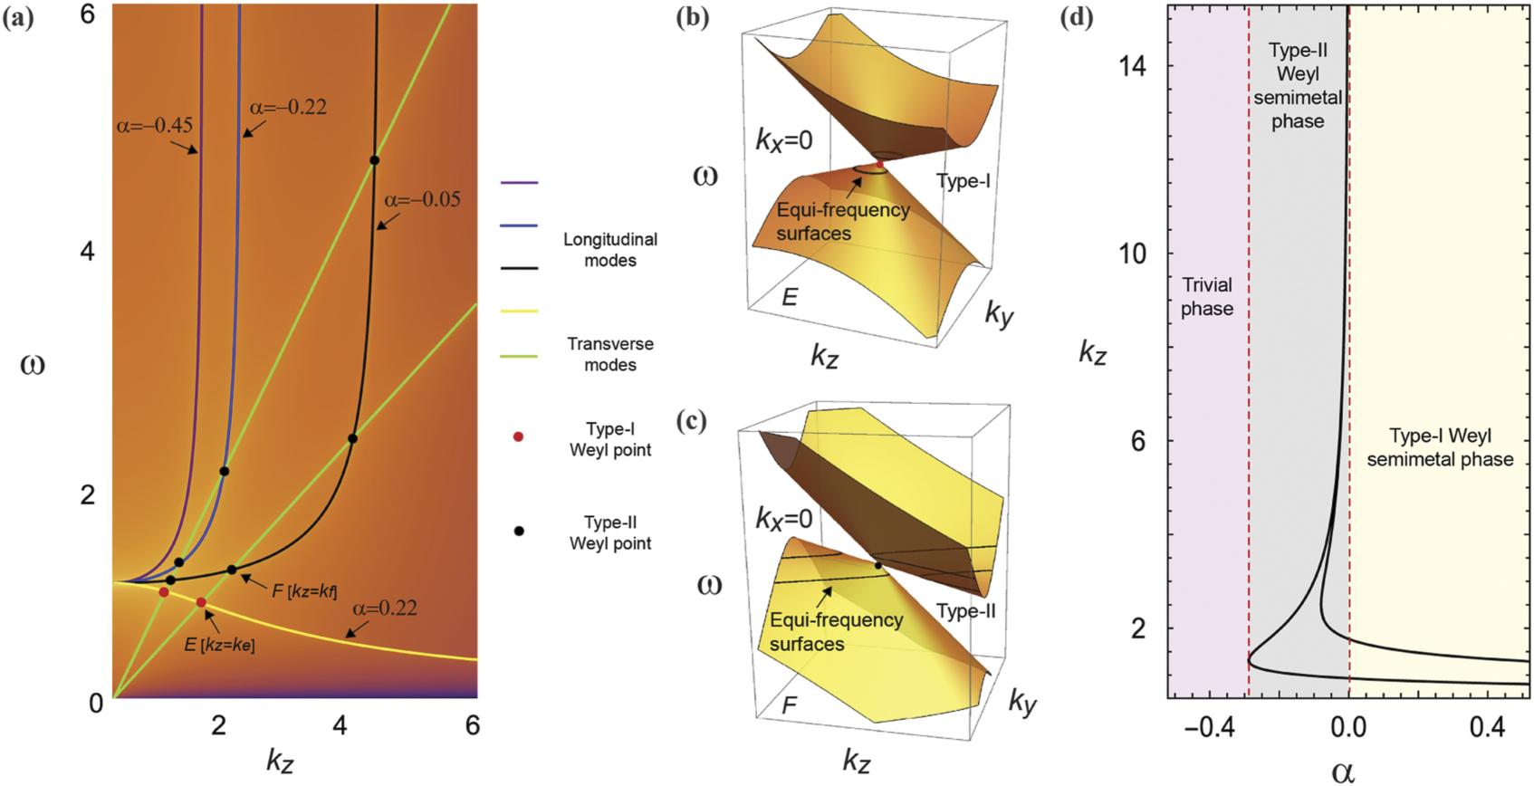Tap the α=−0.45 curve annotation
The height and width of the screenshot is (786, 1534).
point(154,125)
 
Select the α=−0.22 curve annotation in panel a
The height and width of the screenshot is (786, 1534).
point(288,107)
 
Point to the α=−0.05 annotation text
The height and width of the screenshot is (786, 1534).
point(422,199)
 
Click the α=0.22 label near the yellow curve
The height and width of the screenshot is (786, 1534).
point(385,608)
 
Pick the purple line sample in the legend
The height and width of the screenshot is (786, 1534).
point(519,183)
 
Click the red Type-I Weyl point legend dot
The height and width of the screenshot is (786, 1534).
point(519,436)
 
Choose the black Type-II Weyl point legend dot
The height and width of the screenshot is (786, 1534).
point(519,532)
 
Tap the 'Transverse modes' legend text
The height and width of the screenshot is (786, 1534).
point(610,354)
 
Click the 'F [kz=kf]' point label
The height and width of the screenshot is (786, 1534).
point(304,591)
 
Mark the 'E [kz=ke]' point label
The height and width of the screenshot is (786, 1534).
point(219,645)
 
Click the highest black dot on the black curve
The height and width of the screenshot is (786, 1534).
point(374,160)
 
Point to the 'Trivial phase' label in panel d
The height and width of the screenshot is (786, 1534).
point(1206,297)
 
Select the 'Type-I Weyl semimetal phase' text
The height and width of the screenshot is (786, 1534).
point(1440,447)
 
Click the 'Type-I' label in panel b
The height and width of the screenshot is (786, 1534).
point(963,181)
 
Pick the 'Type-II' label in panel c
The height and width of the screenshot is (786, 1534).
point(965,611)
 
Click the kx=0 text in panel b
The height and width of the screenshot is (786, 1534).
point(784,140)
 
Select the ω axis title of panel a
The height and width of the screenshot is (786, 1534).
point(32,364)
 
